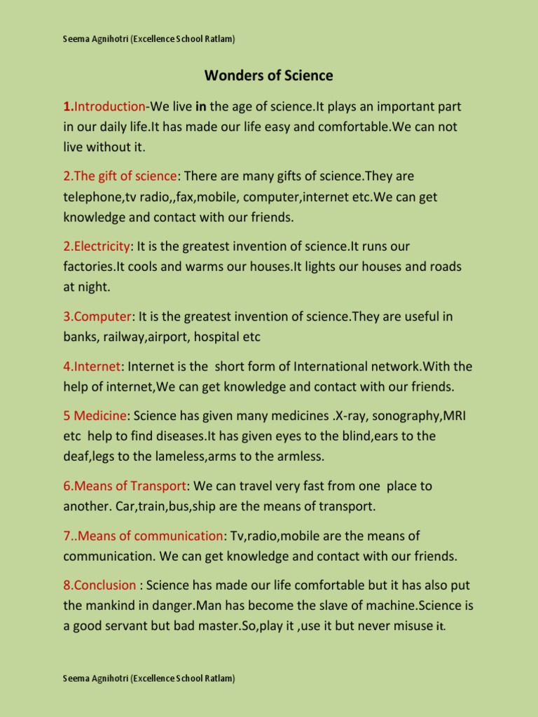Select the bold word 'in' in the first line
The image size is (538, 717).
(200, 107)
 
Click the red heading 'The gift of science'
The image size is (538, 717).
(120, 176)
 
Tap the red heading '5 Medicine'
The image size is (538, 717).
(95, 417)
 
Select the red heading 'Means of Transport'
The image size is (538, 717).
(125, 486)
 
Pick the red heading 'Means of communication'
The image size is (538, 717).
(143, 536)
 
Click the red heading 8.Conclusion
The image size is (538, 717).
(99, 585)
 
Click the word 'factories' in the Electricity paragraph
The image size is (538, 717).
(88, 267)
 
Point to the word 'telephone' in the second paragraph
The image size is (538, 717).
(94, 197)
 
